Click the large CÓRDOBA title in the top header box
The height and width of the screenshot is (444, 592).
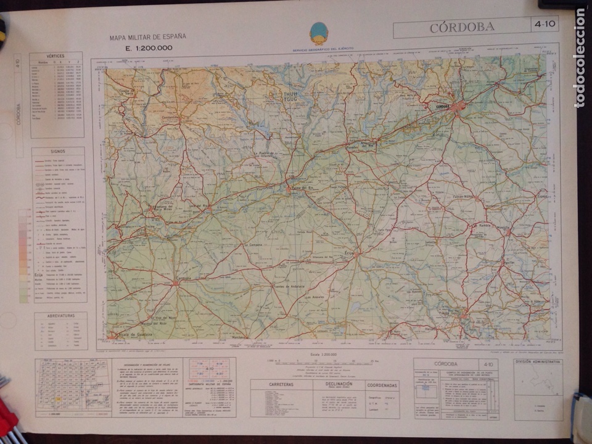tap(462, 27)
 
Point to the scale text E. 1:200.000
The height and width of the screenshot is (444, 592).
tap(149, 48)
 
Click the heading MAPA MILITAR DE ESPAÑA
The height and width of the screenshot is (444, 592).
tap(148, 37)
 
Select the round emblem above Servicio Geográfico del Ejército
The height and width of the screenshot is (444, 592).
tap(319, 33)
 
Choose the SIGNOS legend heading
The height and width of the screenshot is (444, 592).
tap(59, 150)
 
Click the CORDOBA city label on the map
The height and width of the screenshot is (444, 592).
tap(442, 106)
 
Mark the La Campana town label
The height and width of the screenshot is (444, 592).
tap(254, 244)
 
